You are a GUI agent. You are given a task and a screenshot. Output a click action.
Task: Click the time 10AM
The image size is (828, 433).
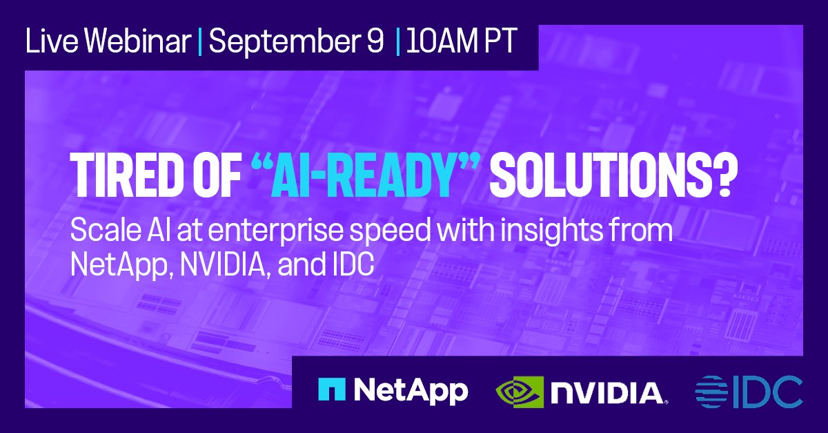[437, 43]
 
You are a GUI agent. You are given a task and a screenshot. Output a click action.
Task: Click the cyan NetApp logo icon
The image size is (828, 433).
[331, 390]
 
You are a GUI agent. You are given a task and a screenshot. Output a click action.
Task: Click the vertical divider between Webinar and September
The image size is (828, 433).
[200, 43]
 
